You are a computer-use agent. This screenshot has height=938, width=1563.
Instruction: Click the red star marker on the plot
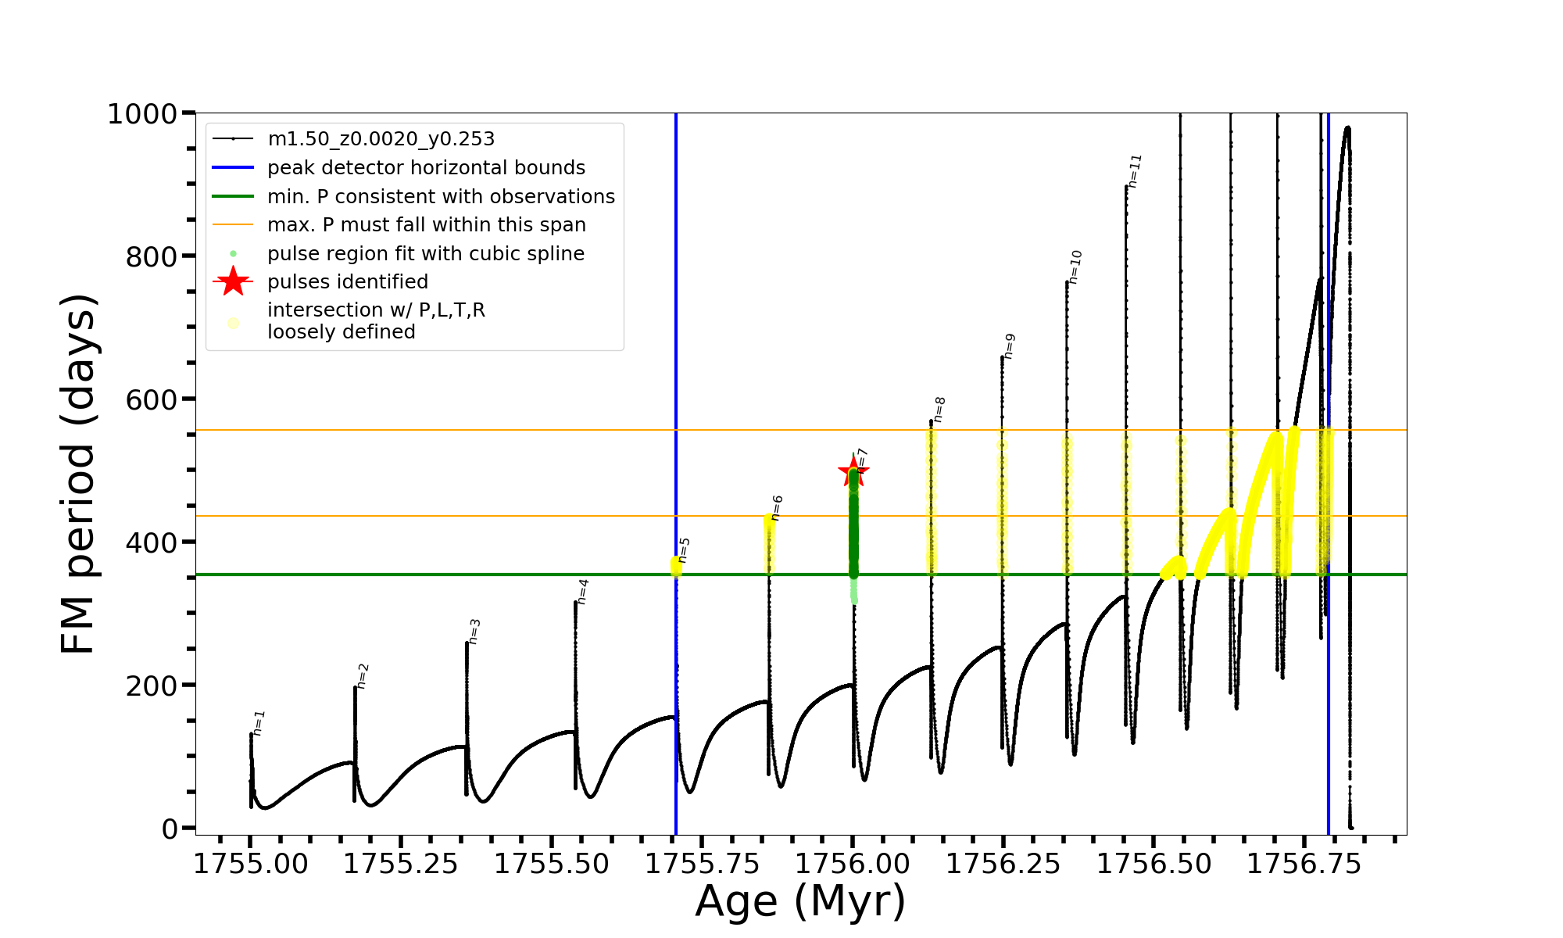(853, 471)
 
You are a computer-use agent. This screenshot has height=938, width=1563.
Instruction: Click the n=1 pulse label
(259, 723)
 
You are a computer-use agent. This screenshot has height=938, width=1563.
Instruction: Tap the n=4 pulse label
(583, 592)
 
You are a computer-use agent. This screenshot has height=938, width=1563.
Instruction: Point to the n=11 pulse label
(1136, 170)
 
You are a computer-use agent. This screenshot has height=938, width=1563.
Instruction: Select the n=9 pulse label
(1009, 346)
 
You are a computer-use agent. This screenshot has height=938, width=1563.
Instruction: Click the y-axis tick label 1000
(142, 114)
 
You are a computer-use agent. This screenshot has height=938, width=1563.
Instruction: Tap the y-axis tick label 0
(170, 829)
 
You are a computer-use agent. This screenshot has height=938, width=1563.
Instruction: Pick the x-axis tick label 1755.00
(250, 864)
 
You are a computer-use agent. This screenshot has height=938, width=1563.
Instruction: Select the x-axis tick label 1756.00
(853, 864)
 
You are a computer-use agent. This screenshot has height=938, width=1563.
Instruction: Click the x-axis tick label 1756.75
(1304, 864)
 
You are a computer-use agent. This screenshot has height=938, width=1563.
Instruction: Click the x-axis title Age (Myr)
(800, 901)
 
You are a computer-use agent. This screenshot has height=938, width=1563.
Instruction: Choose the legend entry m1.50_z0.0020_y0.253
(381, 139)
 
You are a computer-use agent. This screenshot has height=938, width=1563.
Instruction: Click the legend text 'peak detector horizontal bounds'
(426, 168)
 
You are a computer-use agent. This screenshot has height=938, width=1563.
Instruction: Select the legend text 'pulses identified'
(348, 282)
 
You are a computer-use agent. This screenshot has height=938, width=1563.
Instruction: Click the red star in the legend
(233, 281)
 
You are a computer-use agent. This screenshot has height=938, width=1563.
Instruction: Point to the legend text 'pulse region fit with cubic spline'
(426, 254)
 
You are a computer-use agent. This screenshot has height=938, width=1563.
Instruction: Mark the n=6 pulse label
(777, 508)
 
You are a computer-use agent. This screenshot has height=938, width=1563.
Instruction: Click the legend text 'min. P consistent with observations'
(441, 197)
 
